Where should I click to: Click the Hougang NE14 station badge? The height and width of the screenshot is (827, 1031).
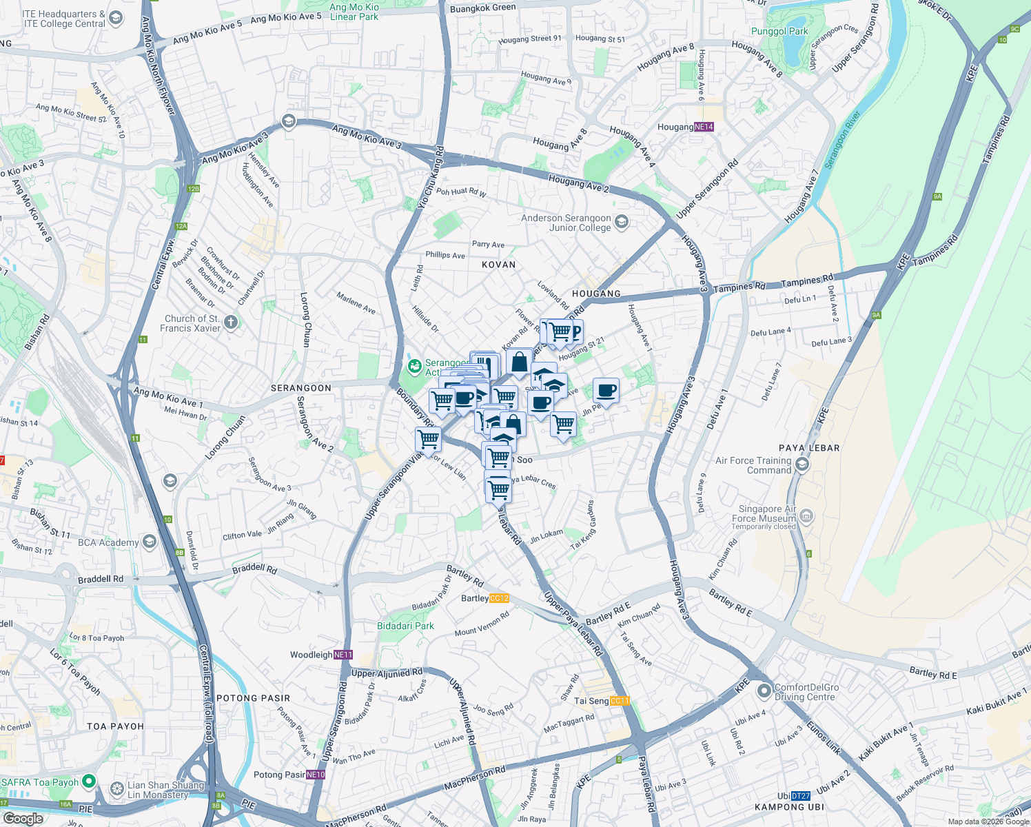pyautogui.click(x=704, y=127)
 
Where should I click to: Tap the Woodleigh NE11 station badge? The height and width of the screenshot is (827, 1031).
pyautogui.click(x=343, y=655)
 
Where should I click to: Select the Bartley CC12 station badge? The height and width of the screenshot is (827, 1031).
pyautogui.click(x=498, y=598)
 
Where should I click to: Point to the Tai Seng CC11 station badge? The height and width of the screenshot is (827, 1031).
pyautogui.click(x=620, y=701)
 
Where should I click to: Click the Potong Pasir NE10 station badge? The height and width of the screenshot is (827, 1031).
pyautogui.click(x=316, y=775)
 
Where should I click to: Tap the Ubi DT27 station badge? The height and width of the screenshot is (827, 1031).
pyautogui.click(x=800, y=795)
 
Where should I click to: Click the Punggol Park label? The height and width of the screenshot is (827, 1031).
pyautogui.click(x=779, y=31)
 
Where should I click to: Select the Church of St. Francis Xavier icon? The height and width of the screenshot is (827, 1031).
pyautogui.click(x=231, y=322)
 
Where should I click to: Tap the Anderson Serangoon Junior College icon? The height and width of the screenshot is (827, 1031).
pyautogui.click(x=622, y=221)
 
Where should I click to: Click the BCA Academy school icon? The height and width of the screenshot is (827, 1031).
pyautogui.click(x=150, y=542)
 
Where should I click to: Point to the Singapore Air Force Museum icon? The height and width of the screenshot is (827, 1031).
pyautogui.click(x=807, y=515)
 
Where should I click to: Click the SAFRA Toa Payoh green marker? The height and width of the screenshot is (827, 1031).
pyautogui.click(x=89, y=782)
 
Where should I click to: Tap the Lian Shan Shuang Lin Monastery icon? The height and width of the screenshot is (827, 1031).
pyautogui.click(x=116, y=787)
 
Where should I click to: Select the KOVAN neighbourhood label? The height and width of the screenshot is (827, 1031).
pyautogui.click(x=498, y=265)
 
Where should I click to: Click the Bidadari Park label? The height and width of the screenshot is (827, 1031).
pyautogui.click(x=405, y=626)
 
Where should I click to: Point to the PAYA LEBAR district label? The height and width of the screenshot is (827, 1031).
pyautogui.click(x=809, y=448)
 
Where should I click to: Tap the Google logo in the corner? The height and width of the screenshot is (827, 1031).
pyautogui.click(x=23, y=818)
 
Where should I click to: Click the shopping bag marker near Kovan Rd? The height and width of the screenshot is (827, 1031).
pyautogui.click(x=519, y=360)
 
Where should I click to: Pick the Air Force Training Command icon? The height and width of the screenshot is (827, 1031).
pyautogui.click(x=802, y=464)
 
